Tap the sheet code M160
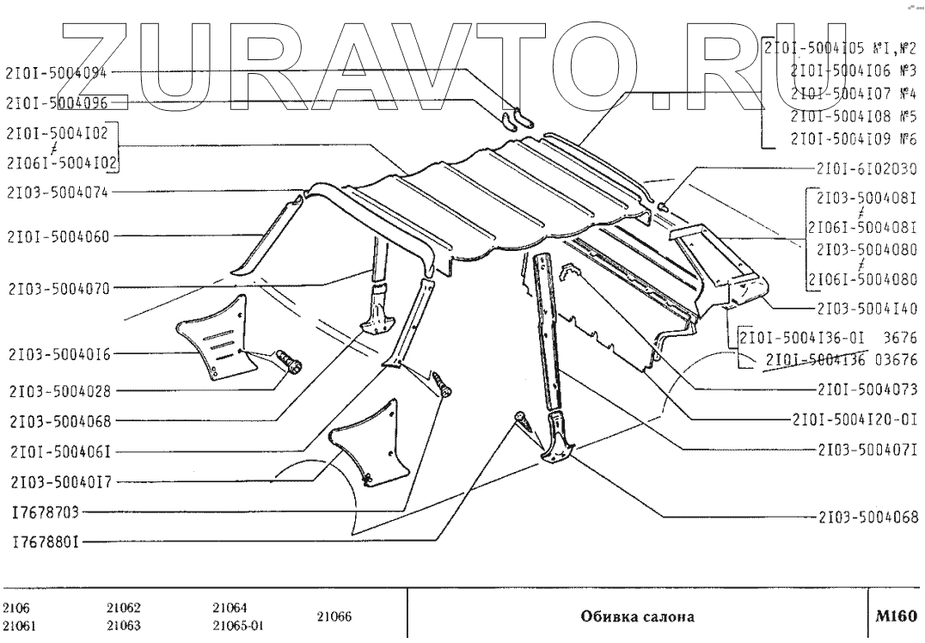coord(897,615)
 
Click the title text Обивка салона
coord(638,616)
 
